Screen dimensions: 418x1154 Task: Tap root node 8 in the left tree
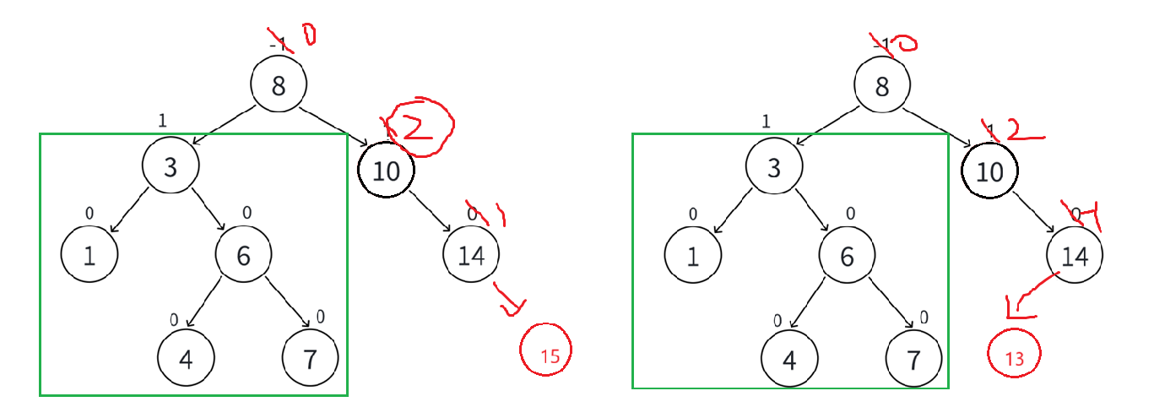coord(279,84)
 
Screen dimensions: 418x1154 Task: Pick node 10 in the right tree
coord(989,171)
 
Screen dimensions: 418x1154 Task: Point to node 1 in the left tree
coord(89,254)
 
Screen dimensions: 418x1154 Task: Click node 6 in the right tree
coord(847,254)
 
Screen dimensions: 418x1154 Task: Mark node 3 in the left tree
coord(170,167)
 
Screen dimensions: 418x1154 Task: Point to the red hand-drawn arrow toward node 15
coord(507,301)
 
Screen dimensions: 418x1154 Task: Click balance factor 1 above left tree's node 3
coord(161,121)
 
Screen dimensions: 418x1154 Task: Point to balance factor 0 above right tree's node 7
coord(924,317)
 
